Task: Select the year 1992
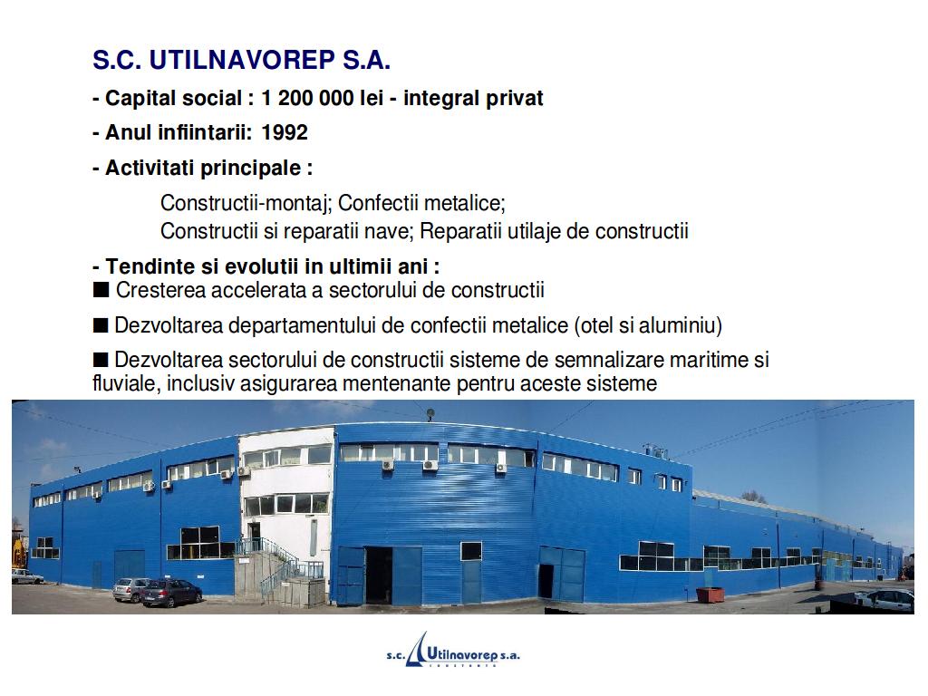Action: (284, 132)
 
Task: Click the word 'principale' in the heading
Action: (252, 169)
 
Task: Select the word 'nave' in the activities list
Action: (388, 231)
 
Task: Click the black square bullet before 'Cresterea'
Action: (101, 290)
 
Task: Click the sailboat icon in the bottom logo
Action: (417, 649)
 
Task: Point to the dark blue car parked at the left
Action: (171, 593)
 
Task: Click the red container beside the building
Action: (710, 594)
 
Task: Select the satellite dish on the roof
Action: (430, 412)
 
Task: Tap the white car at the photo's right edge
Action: (884, 599)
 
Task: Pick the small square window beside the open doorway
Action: (471, 551)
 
